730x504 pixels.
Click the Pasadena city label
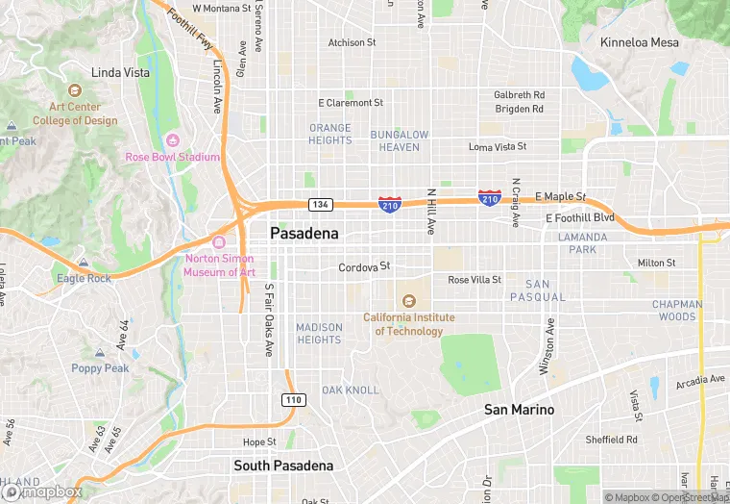coord(305,234)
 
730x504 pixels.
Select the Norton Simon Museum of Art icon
coord(219,242)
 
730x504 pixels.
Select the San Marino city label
coord(519,410)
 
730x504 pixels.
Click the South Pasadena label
coord(283,466)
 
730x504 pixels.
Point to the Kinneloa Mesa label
coord(639,42)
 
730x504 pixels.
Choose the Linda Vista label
coord(120,72)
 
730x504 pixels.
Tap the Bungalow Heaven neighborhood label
coord(400,140)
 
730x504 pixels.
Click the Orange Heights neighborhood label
coord(329,134)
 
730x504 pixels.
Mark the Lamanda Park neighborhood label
coord(583,243)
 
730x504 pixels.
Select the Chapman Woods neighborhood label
coord(674,311)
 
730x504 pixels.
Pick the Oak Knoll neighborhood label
coord(351,390)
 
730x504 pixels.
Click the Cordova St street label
coord(364,267)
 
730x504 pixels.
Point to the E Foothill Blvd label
coord(579,218)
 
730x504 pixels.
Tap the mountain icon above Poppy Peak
coord(101,353)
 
